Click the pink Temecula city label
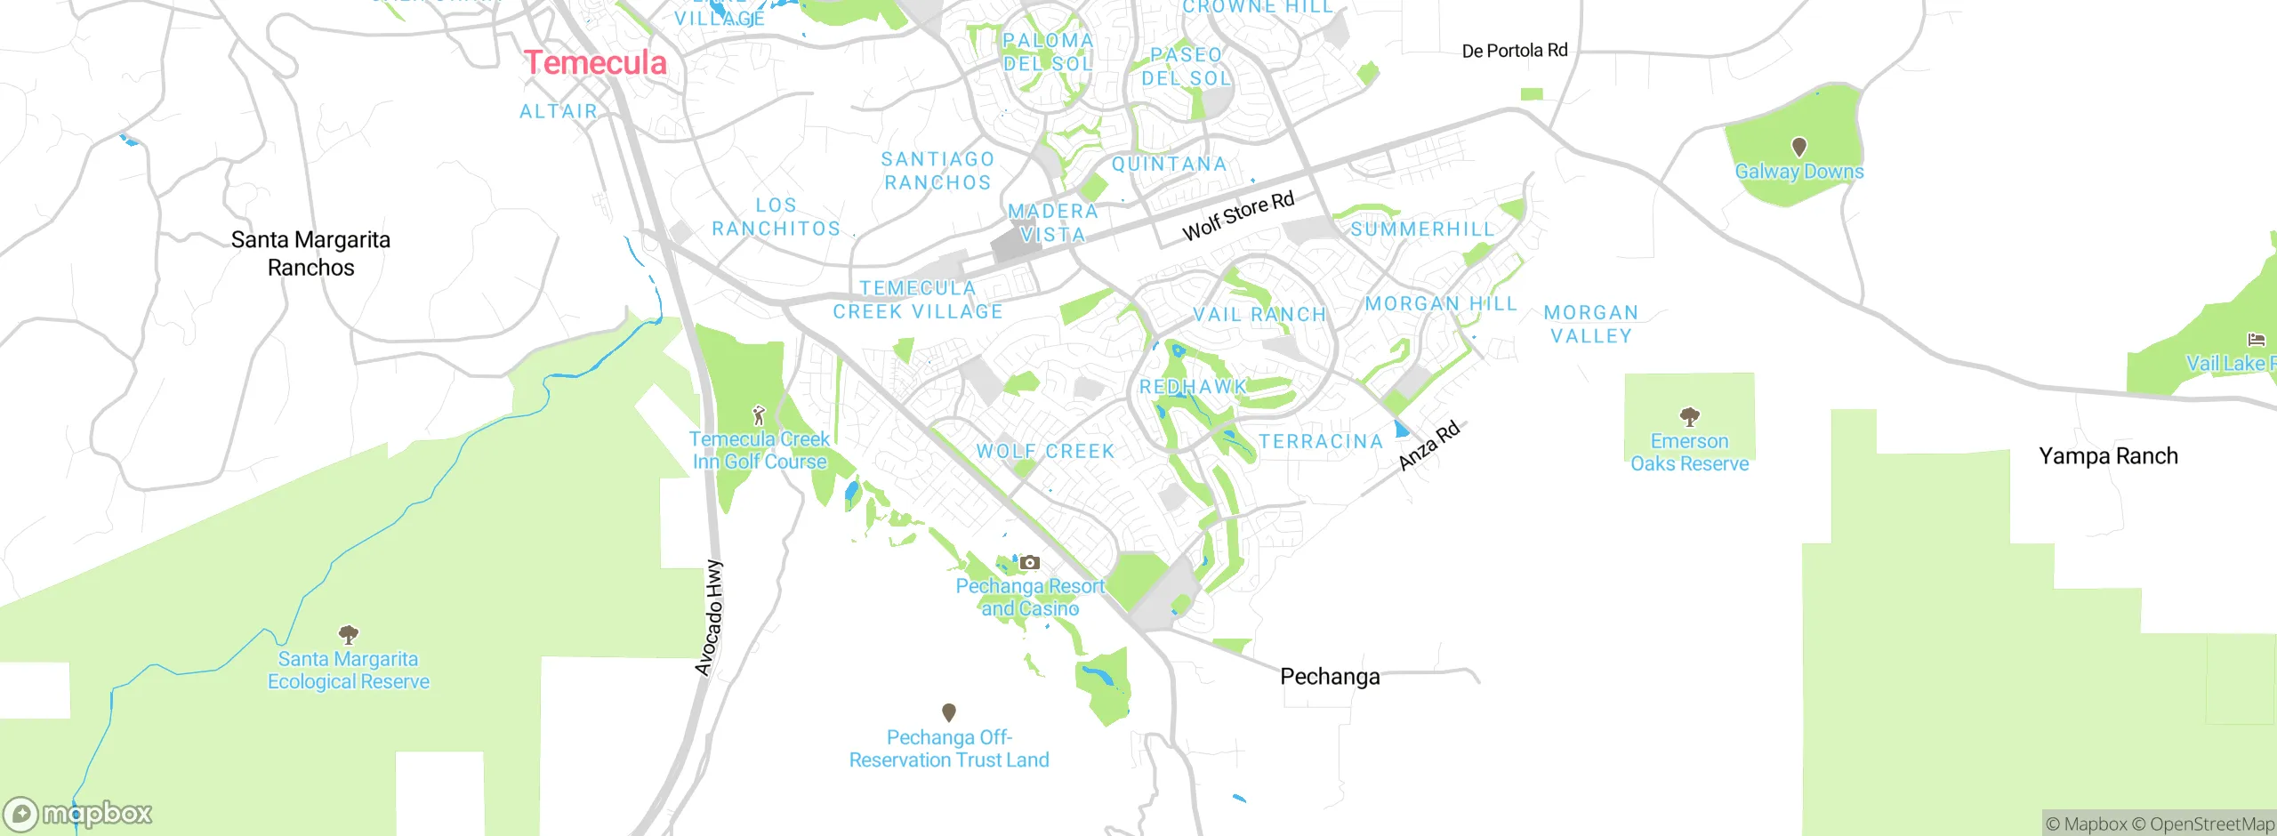tap(595, 63)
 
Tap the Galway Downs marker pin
tap(1798, 147)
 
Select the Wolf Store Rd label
tap(1237, 216)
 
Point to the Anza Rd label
tap(1428, 446)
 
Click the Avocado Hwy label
tap(709, 618)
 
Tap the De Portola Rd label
tap(1515, 51)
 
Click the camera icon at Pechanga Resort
tap(1029, 562)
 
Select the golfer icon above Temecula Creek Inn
tap(759, 414)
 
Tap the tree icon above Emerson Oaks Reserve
tap(1689, 416)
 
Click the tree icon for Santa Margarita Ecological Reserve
tap(349, 634)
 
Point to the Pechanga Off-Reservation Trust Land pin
tap(949, 712)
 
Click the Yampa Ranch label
tap(2108, 456)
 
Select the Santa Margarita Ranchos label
tap(310, 253)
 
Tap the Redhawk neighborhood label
tap(1193, 387)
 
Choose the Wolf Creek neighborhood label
tap(1045, 452)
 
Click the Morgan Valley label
tap(1591, 325)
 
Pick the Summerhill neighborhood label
tap(1422, 229)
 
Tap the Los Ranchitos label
tap(776, 217)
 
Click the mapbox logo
tap(78, 813)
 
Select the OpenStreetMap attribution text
tap(2202, 824)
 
